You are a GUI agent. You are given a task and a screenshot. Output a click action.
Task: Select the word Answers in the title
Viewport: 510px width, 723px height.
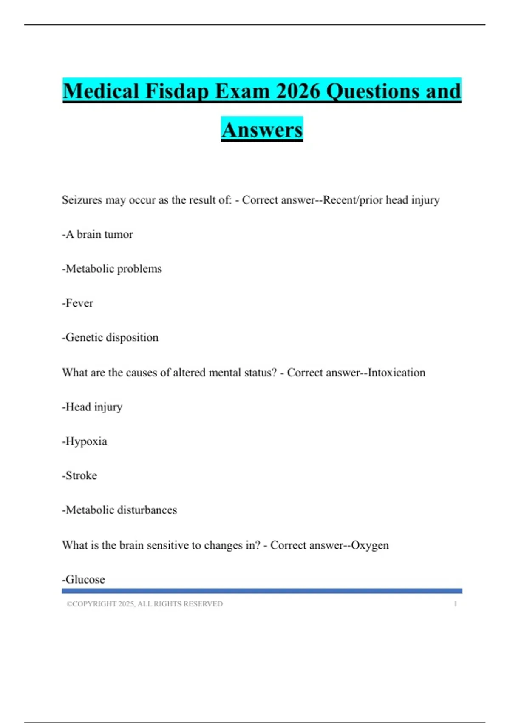click(x=262, y=130)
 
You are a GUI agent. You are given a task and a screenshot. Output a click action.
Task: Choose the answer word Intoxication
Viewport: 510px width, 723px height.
click(x=397, y=373)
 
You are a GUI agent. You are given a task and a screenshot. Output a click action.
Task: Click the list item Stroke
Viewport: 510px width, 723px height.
click(x=81, y=475)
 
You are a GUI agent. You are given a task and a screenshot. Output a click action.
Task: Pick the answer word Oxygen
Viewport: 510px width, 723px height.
click(x=370, y=545)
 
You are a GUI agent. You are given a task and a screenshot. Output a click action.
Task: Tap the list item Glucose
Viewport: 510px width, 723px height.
click(x=85, y=579)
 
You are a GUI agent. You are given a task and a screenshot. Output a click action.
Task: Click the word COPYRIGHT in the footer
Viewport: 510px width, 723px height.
click(x=94, y=604)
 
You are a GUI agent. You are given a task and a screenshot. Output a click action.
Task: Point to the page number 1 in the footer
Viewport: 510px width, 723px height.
click(x=455, y=604)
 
